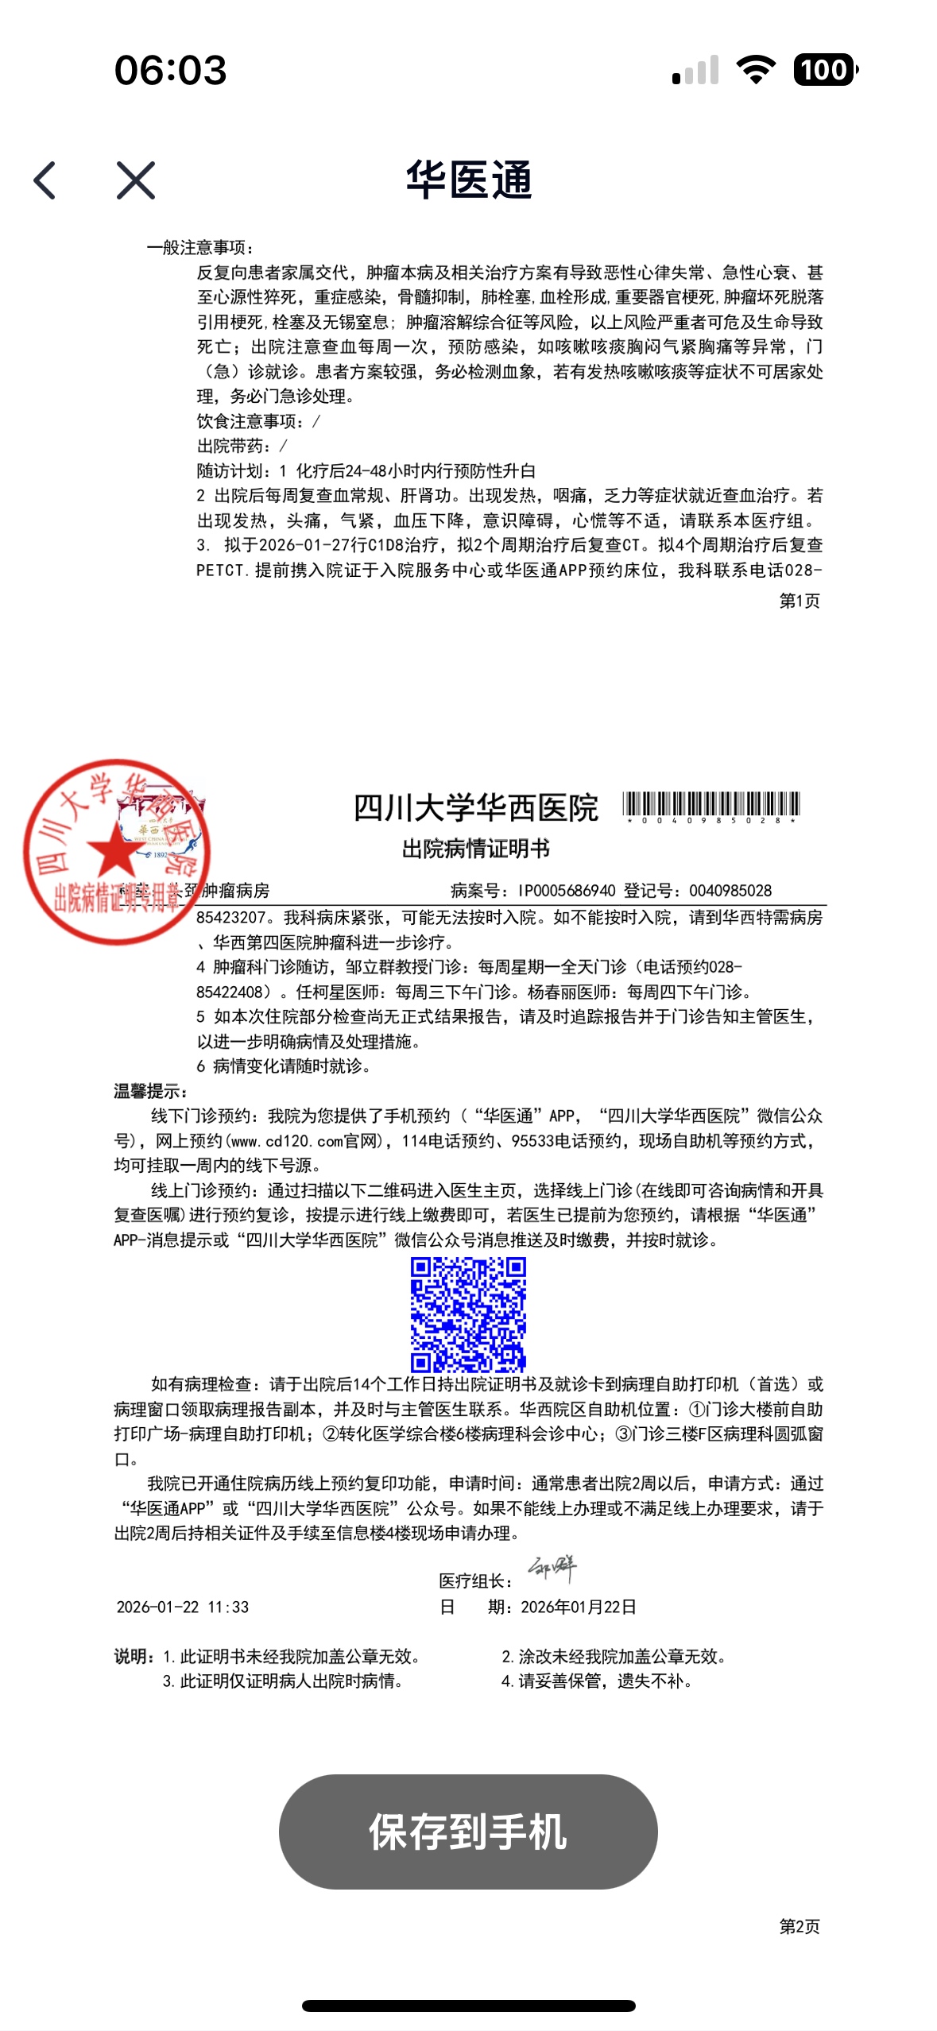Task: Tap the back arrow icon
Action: (x=45, y=180)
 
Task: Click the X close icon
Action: (x=136, y=180)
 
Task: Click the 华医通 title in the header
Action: (x=468, y=180)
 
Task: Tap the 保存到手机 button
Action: (x=468, y=1832)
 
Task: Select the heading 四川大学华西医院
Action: (x=475, y=808)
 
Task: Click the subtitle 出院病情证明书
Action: (x=475, y=849)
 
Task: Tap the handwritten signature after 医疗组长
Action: (x=552, y=1569)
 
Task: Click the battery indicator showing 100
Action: (x=825, y=70)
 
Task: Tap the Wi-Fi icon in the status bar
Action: (x=756, y=70)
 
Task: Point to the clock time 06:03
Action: (x=170, y=70)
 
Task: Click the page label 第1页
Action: (x=799, y=601)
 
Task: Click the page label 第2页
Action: (x=799, y=1925)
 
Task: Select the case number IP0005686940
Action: (x=567, y=891)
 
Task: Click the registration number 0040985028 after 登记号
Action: (x=730, y=891)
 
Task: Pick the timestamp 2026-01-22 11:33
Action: (x=183, y=1607)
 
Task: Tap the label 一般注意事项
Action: (x=200, y=248)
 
